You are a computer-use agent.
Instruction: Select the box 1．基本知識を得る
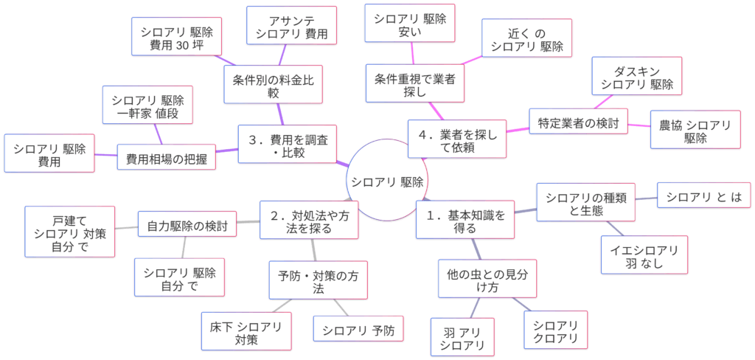465,220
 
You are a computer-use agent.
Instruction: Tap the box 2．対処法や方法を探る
310,220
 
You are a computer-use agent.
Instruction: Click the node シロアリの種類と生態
586,202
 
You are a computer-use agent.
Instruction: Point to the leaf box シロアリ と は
703,195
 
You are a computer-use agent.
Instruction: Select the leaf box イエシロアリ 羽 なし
644,255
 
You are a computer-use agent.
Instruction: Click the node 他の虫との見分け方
487,278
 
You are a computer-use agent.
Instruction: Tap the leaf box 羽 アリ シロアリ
462,336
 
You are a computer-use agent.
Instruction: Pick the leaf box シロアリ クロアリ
555,330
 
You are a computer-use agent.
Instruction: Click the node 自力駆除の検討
187,224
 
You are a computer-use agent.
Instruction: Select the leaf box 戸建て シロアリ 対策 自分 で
70,232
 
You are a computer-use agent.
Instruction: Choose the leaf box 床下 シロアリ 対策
246,331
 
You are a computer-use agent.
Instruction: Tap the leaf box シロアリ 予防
358,328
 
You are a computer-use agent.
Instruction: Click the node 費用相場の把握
167,157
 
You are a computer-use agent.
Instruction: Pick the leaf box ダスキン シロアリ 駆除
637,77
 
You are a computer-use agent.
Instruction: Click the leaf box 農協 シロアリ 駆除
695,131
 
